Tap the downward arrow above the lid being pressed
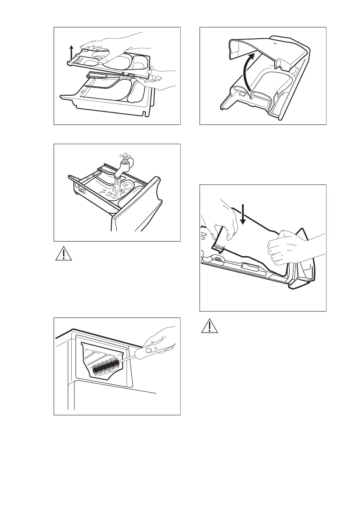pos(242,215)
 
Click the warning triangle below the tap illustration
pos(64,254)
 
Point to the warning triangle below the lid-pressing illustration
pos(209,328)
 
